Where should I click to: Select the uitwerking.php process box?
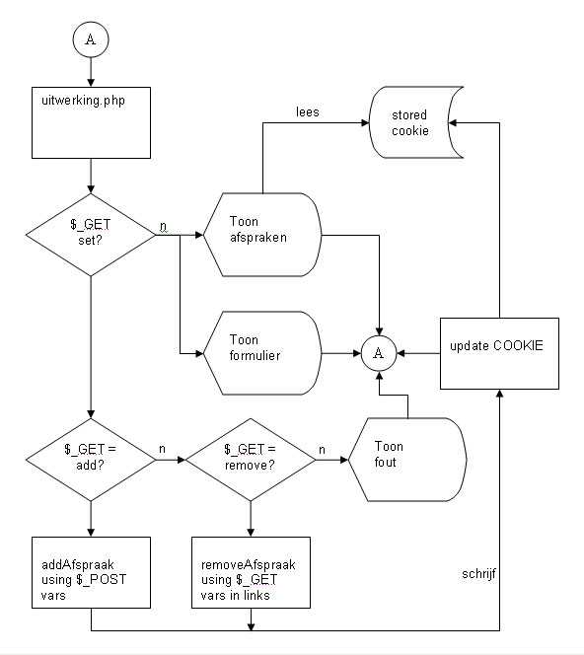91,122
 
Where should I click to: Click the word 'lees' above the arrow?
308,111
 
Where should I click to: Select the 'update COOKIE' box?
499,353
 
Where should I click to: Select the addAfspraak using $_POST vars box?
91,572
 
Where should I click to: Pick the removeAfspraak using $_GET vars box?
251,572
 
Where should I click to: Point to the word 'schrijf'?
478,574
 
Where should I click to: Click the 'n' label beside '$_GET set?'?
164,226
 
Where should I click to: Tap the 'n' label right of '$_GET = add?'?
162,449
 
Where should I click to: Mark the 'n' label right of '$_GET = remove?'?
322,450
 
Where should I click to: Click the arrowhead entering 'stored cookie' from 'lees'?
366,122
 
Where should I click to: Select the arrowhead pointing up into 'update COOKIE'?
499,394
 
